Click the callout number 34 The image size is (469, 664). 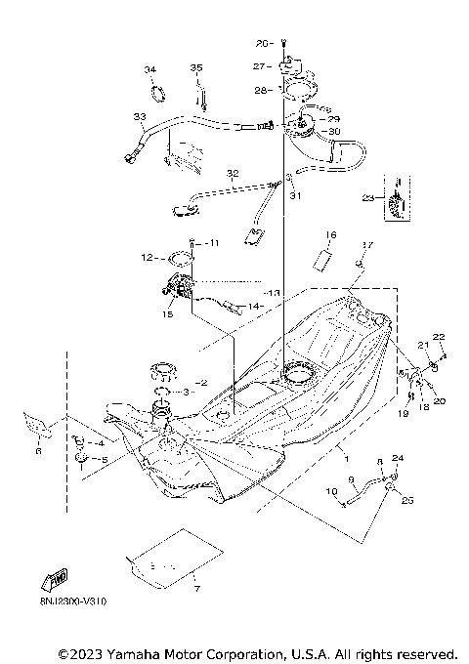(149, 69)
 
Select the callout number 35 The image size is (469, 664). (195, 67)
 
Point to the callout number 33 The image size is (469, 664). (139, 118)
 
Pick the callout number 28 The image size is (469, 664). (258, 90)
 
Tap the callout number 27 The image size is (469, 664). (258, 66)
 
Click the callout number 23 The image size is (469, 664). (367, 196)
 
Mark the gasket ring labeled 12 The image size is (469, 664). (178, 259)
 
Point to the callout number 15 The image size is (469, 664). (167, 313)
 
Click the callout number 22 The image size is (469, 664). (439, 337)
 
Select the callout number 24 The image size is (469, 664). (398, 458)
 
